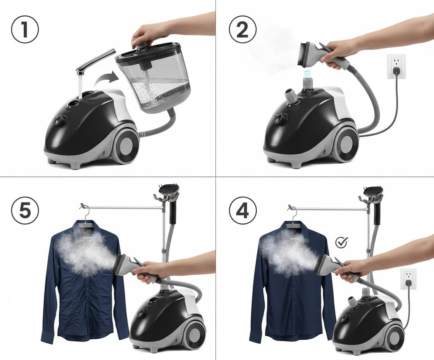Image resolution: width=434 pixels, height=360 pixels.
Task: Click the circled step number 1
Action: pos(25,29)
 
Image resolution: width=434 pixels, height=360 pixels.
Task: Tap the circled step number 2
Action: pos(243,29)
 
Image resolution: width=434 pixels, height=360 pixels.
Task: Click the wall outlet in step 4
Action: pos(408,279)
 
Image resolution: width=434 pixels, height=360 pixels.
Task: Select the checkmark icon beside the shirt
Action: pos(341,242)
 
